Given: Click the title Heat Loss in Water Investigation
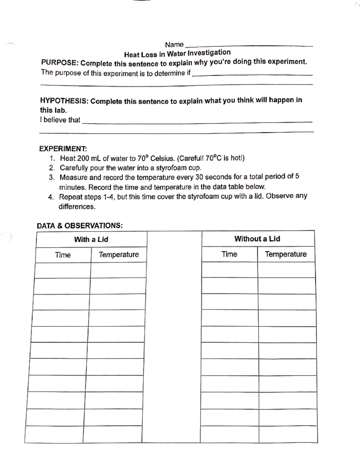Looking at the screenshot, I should pyautogui.click(x=177, y=53).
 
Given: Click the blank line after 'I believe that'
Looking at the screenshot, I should pyautogui.click(x=197, y=121).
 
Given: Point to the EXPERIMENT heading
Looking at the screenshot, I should pyautogui.click(x=63, y=149).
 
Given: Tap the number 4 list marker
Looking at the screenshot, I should pyautogui.click(x=51, y=197).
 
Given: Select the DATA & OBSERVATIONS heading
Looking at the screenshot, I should pyautogui.click(x=79, y=226).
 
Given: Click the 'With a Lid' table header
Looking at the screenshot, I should pyautogui.click(x=91, y=239).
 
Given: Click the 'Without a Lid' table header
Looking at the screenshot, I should pyautogui.click(x=257, y=239).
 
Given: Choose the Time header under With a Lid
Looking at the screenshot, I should pyautogui.click(x=63, y=255).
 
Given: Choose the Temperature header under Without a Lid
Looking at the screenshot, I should pyautogui.click(x=286, y=254).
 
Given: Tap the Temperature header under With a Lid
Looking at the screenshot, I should pyautogui.click(x=119, y=255).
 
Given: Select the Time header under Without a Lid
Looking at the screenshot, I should pyautogui.click(x=229, y=254).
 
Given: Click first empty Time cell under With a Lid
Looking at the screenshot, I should pyautogui.click(x=63, y=270).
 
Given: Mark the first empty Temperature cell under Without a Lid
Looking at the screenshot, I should pyautogui.click(x=286, y=270).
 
